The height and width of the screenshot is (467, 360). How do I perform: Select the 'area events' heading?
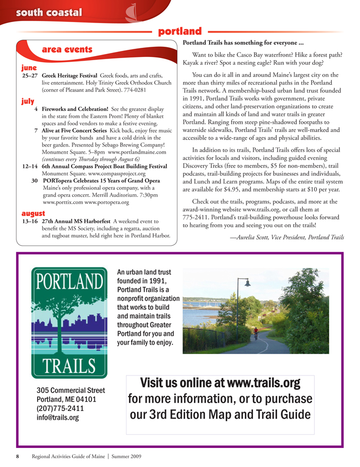click(67, 50)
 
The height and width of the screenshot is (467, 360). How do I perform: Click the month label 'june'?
click(29, 67)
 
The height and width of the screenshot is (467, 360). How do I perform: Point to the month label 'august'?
click(33, 212)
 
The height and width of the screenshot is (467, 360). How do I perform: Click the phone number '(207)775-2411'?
click(60, 408)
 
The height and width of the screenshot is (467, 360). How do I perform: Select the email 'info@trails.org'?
click(57, 418)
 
